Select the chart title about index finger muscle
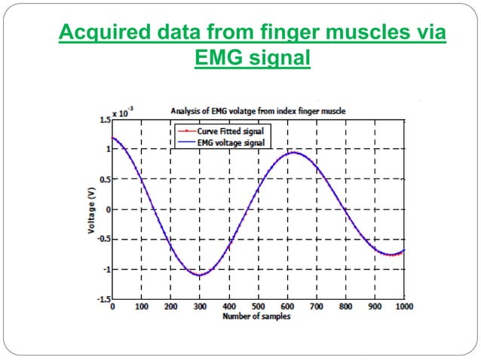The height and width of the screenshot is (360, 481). pyautogui.click(x=259, y=111)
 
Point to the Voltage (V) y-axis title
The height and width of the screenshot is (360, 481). pyautogui.click(x=90, y=209)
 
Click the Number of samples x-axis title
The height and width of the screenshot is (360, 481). pyautogui.click(x=256, y=316)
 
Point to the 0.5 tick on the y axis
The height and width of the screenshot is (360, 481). pyautogui.click(x=102, y=179)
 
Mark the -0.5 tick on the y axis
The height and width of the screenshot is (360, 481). pyautogui.click(x=100, y=239)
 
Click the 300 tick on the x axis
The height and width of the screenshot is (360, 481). pyautogui.click(x=200, y=307)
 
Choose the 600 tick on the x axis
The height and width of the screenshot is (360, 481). pyautogui.click(x=287, y=307)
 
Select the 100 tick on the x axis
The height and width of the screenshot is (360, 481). pyautogui.click(x=141, y=307)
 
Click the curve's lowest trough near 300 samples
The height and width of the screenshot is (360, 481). pyautogui.click(x=200, y=275)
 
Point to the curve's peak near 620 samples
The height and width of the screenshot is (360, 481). pyautogui.click(x=293, y=153)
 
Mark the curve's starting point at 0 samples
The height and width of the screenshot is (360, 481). pyautogui.click(x=113, y=138)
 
